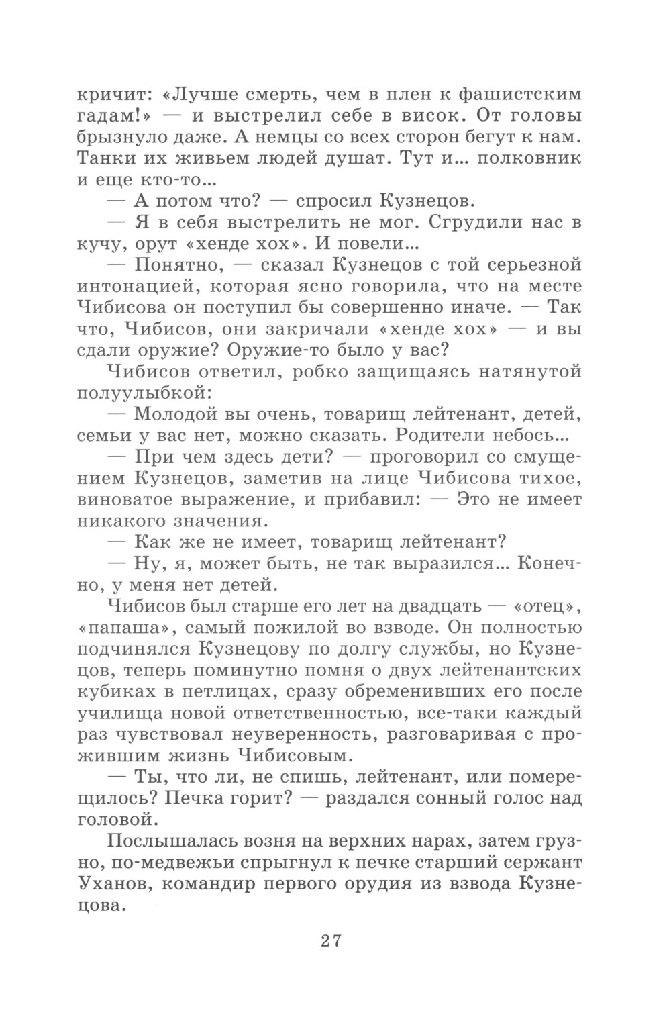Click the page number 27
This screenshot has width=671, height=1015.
tap(331, 940)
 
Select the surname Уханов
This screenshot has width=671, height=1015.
tap(115, 886)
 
